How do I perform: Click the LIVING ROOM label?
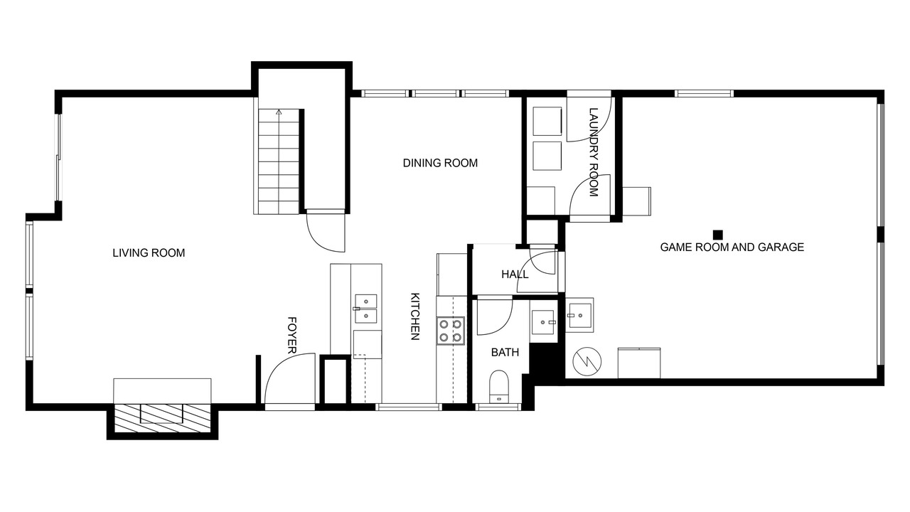click(149, 253)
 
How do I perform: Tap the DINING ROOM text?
click(440, 163)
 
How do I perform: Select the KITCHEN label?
click(414, 316)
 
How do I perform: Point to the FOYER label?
click(291, 335)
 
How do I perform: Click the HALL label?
click(515, 274)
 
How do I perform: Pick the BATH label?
click(505, 352)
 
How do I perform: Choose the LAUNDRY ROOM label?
click(594, 152)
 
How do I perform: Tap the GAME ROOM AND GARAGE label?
click(732, 247)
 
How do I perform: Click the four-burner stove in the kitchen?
click(451, 331)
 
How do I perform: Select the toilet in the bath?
click(499, 386)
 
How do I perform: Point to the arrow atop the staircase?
click(279, 112)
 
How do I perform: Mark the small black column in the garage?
click(718, 235)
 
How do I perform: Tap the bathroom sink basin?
click(542, 322)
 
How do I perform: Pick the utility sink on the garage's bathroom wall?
click(579, 315)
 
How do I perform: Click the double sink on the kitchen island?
click(365, 309)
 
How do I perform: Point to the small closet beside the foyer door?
click(335, 380)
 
